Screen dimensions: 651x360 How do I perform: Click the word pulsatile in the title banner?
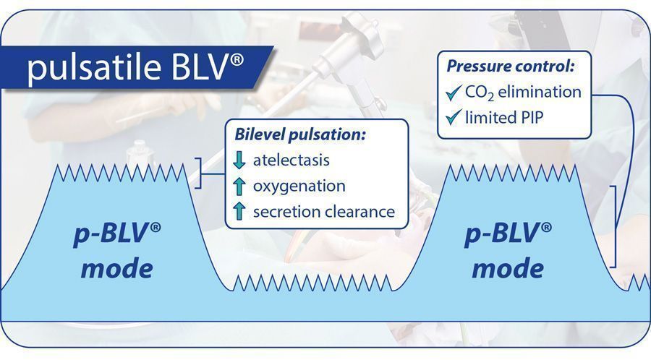pyautogui.click(x=94, y=68)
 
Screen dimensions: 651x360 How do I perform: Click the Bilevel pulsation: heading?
pyautogui.click(x=300, y=134)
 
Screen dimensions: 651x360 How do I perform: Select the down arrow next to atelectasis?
pyautogui.click(x=239, y=160)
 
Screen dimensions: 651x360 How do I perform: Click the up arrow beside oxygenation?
pyautogui.click(x=239, y=187)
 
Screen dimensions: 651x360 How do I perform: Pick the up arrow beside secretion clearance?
pyautogui.click(x=239, y=211)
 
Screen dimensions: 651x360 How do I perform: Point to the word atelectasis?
pyautogui.click(x=292, y=160)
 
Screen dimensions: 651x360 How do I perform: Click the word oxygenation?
pyautogui.click(x=299, y=187)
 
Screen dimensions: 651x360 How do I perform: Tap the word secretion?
pyautogui.click(x=286, y=212)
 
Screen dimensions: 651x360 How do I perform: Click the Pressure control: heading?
pyautogui.click(x=511, y=67)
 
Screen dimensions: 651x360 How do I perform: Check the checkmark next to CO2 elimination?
pyautogui.click(x=454, y=93)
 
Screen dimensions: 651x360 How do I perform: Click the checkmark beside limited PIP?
pyautogui.click(x=454, y=117)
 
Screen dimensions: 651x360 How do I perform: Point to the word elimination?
pyautogui.click(x=540, y=92)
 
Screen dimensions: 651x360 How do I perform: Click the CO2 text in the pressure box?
pyautogui.click(x=480, y=93)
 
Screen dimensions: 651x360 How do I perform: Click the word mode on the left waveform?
pyautogui.click(x=117, y=268)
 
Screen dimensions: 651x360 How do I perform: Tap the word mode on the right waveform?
pyautogui.click(x=509, y=268)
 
